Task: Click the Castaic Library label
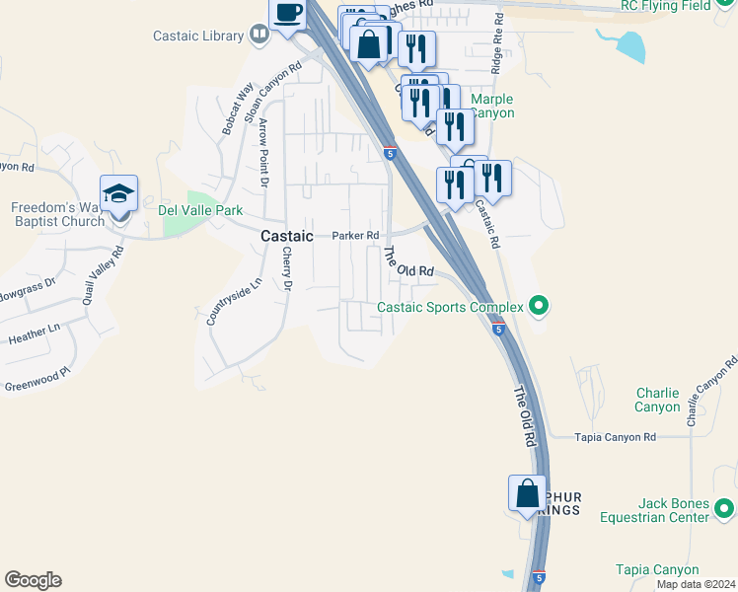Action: tap(198, 37)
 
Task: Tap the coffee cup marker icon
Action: tap(288, 14)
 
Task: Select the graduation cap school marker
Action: tap(118, 194)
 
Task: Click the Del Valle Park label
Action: tap(200, 209)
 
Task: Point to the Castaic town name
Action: tap(286, 237)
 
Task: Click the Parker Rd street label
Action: tap(355, 236)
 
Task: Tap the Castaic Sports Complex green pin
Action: tap(538, 307)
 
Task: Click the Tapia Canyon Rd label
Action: tap(616, 437)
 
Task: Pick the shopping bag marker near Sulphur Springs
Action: tap(527, 493)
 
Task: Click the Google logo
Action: tap(33, 580)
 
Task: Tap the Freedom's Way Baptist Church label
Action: tap(57, 214)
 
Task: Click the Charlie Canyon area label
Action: tap(657, 400)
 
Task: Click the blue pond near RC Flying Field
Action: tap(629, 43)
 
